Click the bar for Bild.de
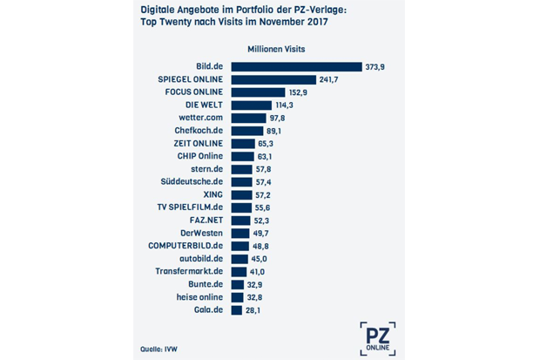point(296,66)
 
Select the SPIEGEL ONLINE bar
point(273,79)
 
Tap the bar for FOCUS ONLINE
point(259,92)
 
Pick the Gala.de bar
point(237,310)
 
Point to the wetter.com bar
point(248,119)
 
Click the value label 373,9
point(375,67)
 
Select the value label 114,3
point(284,105)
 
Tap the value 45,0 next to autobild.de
point(259,259)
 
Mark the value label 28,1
point(253,310)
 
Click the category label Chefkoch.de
point(199,131)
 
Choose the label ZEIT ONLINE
point(198,144)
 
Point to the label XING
point(213,194)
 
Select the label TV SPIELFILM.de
point(190,207)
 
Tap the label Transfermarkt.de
point(189,271)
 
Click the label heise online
point(199,297)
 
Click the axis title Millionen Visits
point(276,50)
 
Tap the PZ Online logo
point(378,339)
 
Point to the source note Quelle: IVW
point(159,350)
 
